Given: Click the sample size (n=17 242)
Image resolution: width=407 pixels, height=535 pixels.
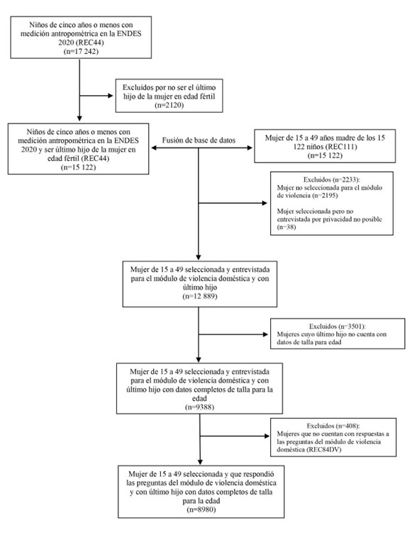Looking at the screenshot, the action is pos(81,52).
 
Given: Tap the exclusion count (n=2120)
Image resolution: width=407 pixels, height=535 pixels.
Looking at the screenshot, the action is pos(169,105).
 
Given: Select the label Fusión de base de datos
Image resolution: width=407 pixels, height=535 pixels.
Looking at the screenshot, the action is pos(199,140).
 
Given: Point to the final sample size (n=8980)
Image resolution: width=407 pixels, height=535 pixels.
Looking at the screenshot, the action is pos(201,509).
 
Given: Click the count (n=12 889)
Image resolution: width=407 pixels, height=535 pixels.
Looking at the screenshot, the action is pos(200,296).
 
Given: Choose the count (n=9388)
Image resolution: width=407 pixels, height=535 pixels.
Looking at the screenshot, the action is pos(199,407).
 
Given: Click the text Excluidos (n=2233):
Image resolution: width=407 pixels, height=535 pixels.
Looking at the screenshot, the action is pos(332,180).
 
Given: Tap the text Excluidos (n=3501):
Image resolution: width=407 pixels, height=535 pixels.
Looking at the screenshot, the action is pos(338,326).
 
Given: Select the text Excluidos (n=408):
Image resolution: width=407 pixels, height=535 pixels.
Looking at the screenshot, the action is pos(333,426).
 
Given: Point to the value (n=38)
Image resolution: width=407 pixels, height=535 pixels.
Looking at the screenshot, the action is pos(286,227).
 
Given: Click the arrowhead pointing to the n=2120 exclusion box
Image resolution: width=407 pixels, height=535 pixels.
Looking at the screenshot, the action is pos(110,96).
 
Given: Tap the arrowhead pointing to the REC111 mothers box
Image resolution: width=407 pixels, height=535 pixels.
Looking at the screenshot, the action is pos(250,148).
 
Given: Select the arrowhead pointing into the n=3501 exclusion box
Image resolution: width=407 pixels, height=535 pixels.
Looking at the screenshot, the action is pos(265,334).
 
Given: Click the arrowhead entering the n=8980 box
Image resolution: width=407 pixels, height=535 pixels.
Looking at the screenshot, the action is pos(200,462).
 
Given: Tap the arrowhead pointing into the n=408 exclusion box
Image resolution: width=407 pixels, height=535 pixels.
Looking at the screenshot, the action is pos(266,436).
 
